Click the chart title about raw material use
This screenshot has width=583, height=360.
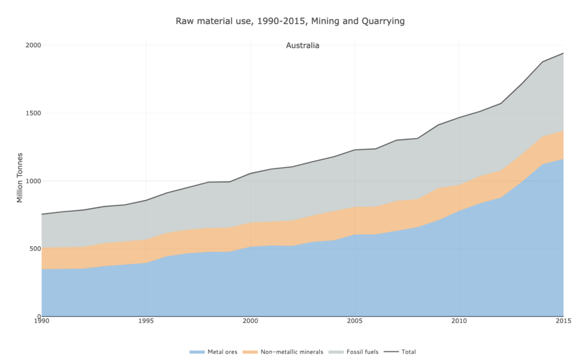(x=290, y=21)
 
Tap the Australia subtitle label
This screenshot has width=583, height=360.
(x=302, y=46)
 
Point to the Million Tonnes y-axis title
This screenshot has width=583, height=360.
(x=20, y=177)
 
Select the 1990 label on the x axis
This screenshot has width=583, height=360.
(x=42, y=322)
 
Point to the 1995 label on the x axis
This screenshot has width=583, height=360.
(x=146, y=322)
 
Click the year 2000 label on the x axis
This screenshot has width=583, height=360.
(x=251, y=322)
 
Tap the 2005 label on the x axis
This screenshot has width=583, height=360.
(x=355, y=322)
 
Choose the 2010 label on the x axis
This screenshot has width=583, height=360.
(x=459, y=322)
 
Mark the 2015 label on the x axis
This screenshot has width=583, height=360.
(x=563, y=322)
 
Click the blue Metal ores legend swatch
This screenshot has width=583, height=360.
(x=197, y=352)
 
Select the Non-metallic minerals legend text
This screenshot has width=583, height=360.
(x=291, y=352)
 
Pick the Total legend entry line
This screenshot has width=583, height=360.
(x=392, y=352)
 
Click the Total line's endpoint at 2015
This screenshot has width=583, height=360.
(x=563, y=53)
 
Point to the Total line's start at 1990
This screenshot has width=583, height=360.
(x=42, y=214)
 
